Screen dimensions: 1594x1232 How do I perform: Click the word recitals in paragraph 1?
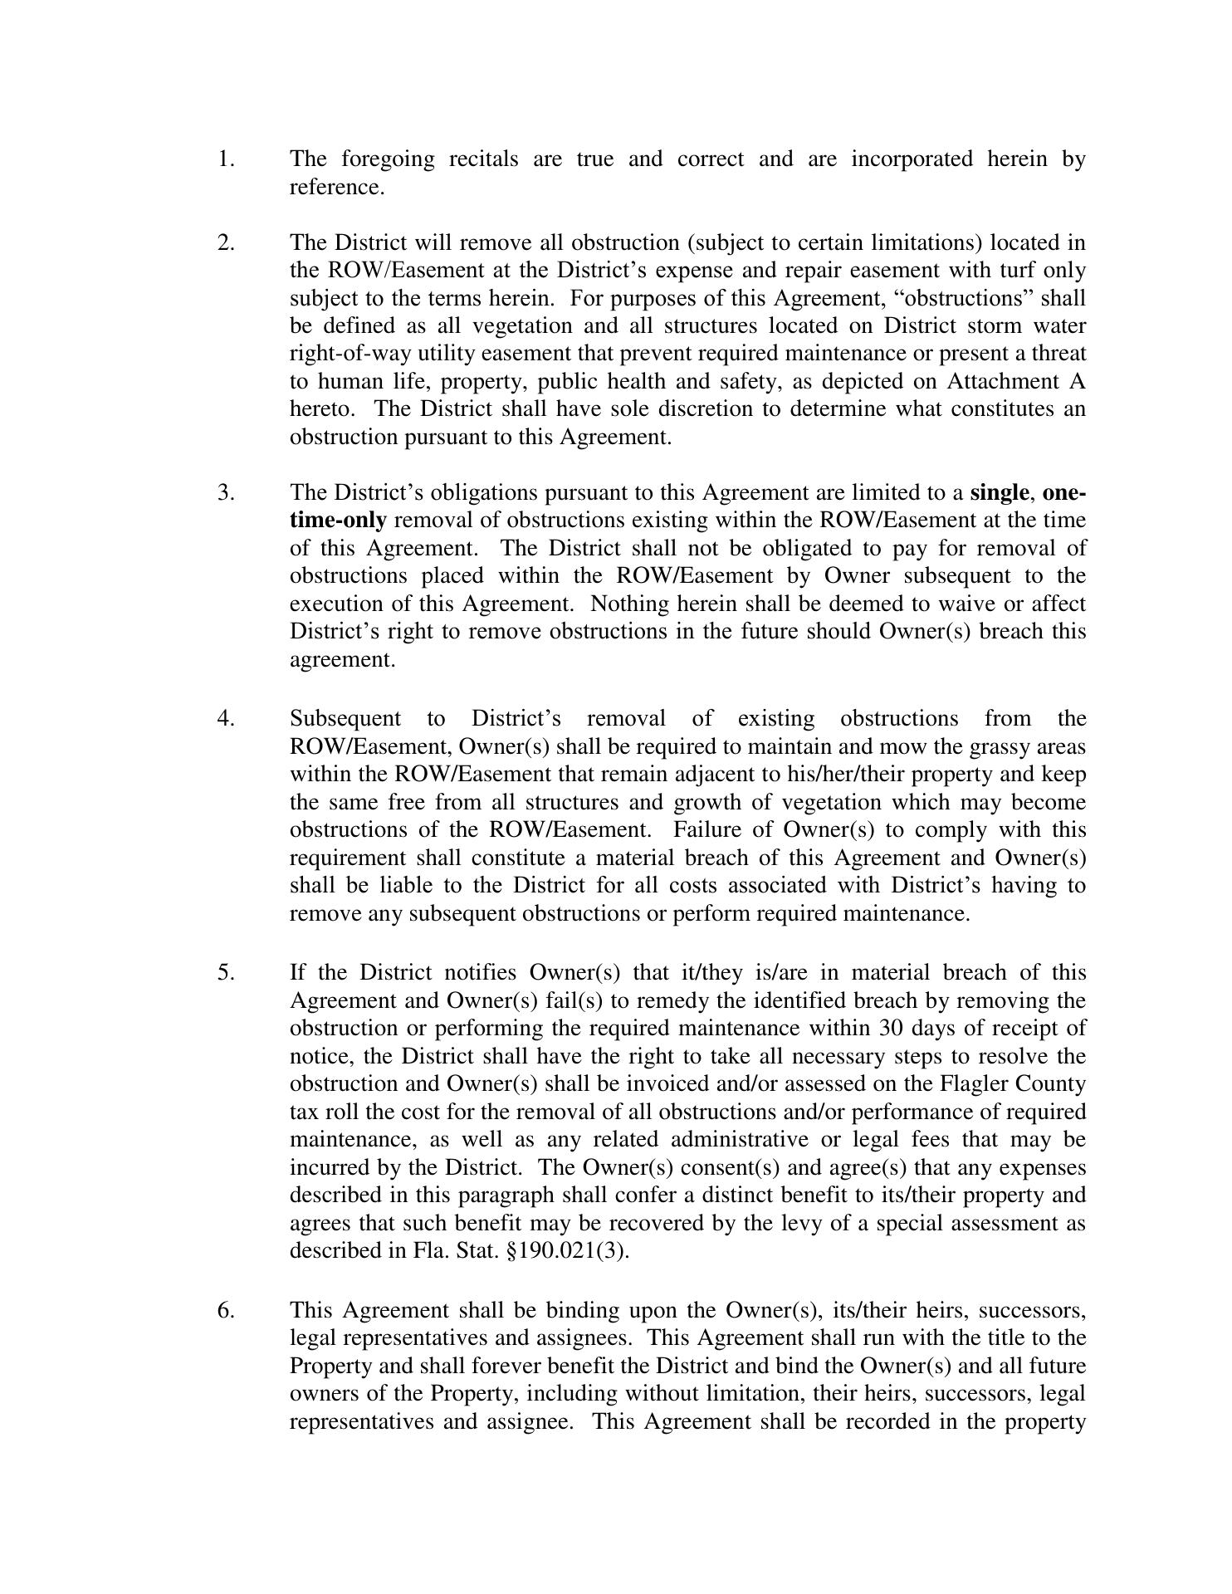click(482, 159)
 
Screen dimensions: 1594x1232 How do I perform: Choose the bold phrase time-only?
click(338, 521)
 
